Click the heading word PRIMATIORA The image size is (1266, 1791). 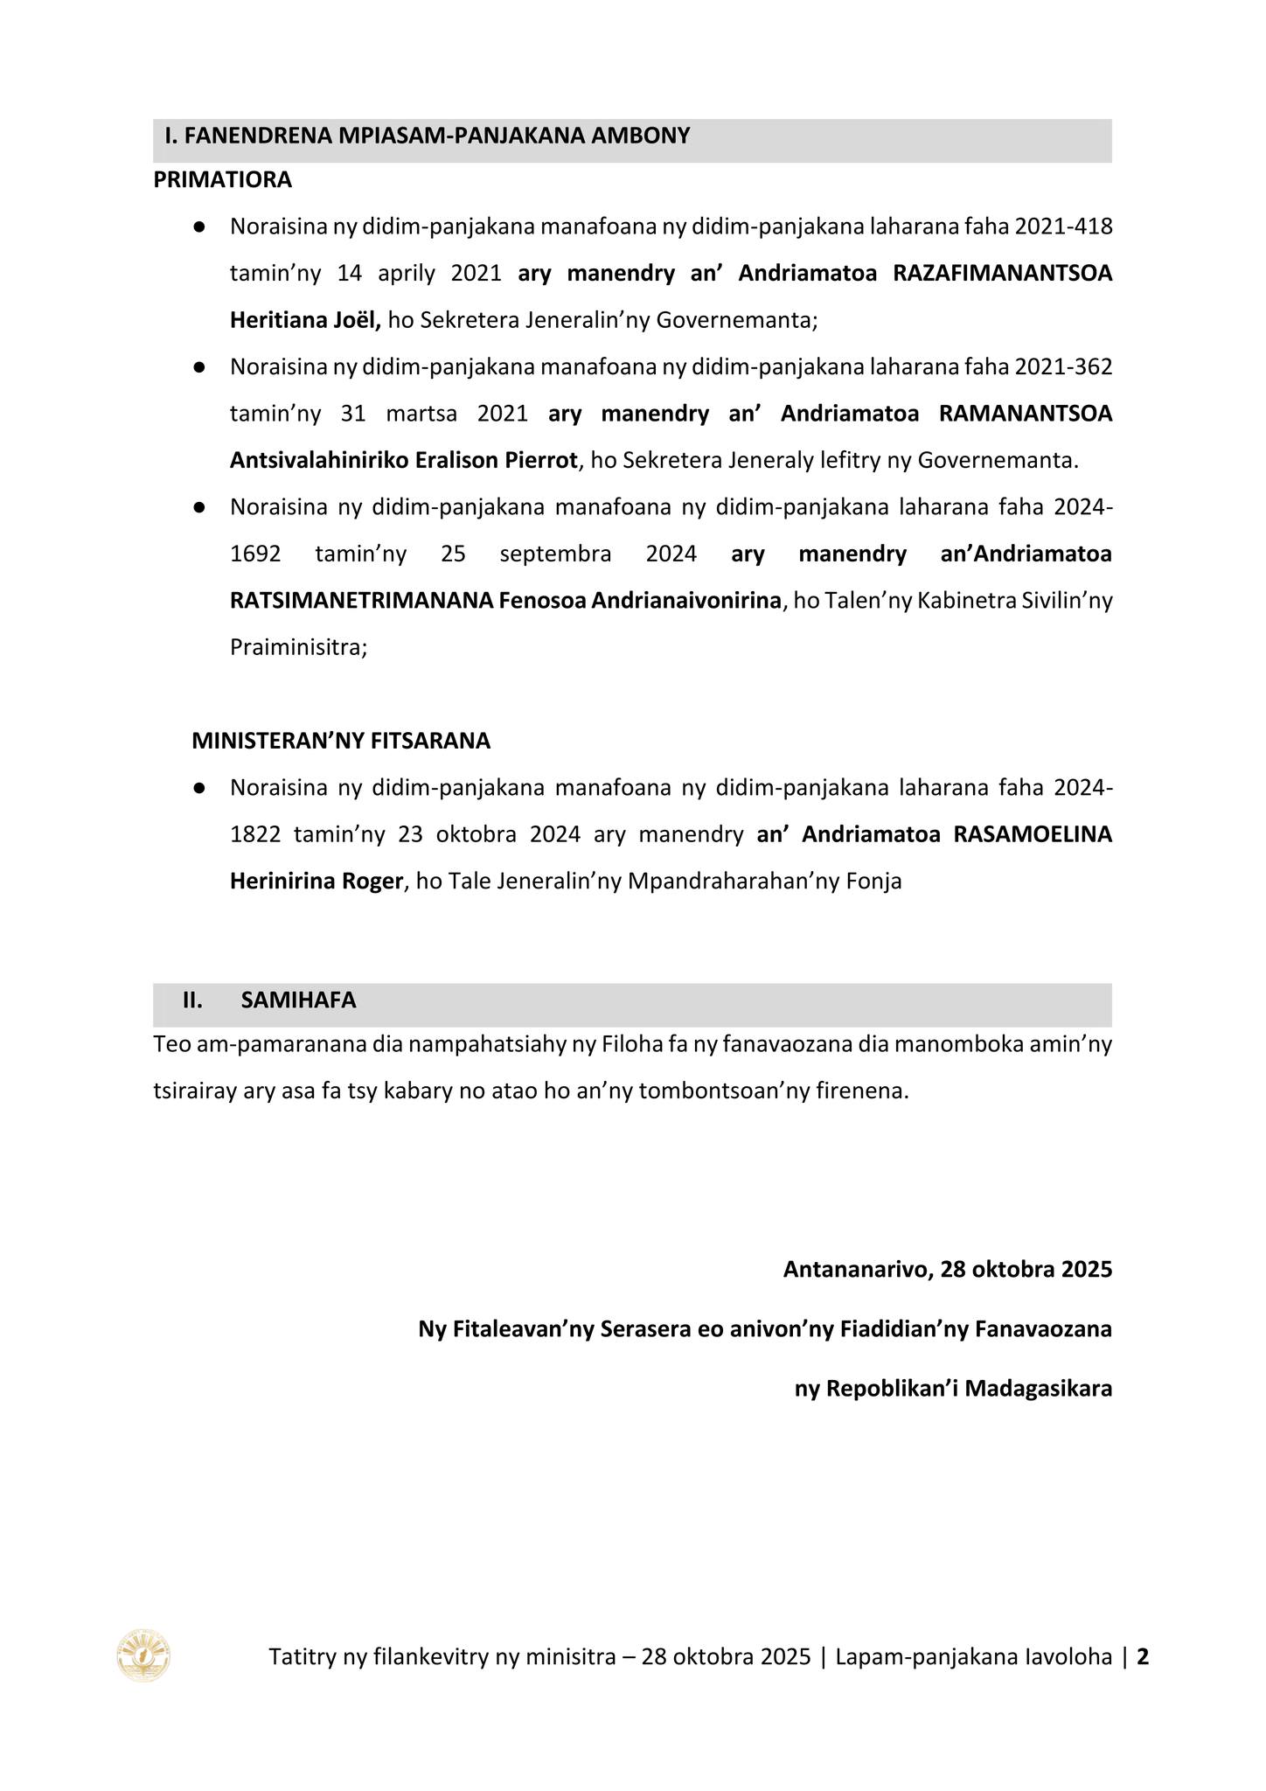222,180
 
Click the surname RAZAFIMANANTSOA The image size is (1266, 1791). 1002,274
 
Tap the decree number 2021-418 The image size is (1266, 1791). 1064,227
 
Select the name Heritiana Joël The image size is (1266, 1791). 304,320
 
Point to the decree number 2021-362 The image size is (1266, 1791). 1064,367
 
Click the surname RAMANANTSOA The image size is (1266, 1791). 1025,414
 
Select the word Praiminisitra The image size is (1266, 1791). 296,648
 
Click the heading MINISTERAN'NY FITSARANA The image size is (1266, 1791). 341,742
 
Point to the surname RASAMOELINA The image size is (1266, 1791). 1033,834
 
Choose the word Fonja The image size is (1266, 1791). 873,882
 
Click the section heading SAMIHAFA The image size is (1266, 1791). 298,1000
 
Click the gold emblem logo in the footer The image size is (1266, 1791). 143,1655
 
